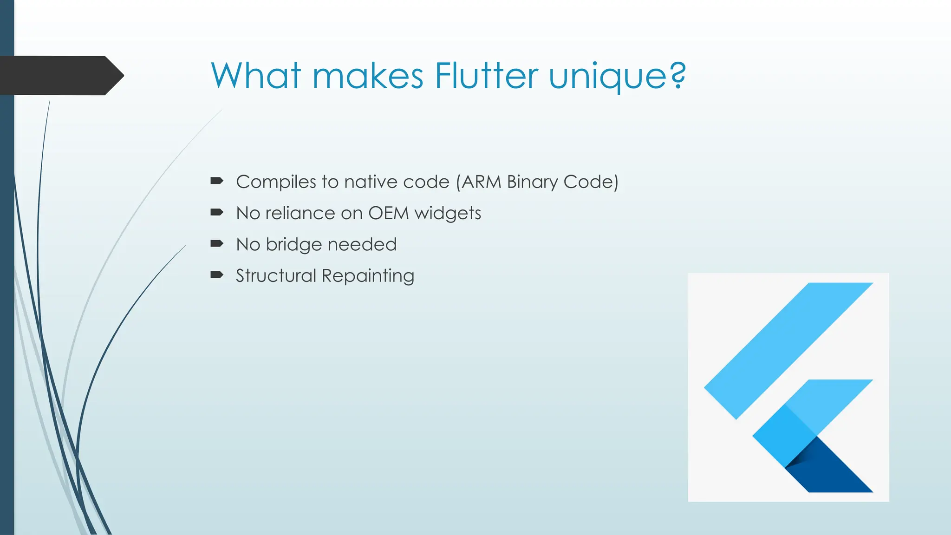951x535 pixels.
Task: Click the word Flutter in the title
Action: click(486, 76)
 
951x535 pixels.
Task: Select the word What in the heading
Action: click(256, 76)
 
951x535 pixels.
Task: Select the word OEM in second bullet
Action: click(389, 213)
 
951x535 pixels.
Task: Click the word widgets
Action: click(448, 214)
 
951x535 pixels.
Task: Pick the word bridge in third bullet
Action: click(293, 245)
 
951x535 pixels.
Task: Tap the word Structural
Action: click(276, 276)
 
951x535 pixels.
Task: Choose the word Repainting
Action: click(368, 276)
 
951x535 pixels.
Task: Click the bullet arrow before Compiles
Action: click(217, 181)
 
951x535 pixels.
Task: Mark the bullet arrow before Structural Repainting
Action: click(217, 275)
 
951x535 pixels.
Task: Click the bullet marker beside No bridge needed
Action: click(217, 243)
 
